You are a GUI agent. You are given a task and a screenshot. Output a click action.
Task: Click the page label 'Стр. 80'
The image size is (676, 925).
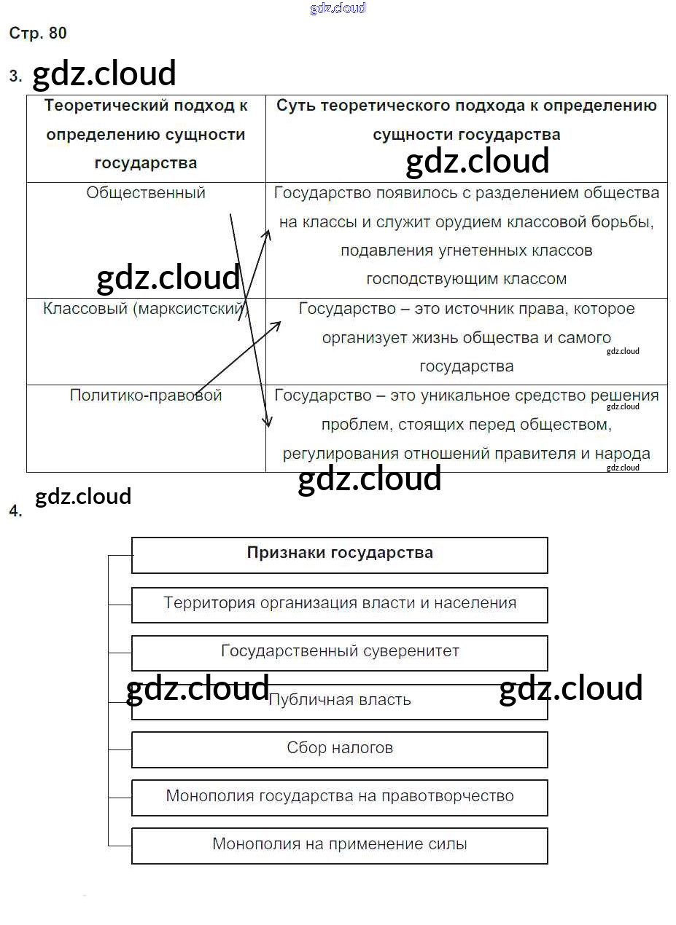pyautogui.click(x=38, y=34)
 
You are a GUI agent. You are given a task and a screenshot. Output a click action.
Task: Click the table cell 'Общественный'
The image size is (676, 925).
pyautogui.click(x=146, y=193)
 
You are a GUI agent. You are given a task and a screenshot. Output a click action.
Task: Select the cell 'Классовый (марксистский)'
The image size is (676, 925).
pyautogui.click(x=145, y=309)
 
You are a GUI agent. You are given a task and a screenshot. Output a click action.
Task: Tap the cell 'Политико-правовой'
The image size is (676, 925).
pyautogui.click(x=146, y=395)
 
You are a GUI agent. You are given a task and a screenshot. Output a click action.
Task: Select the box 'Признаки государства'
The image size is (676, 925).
pyautogui.click(x=339, y=554)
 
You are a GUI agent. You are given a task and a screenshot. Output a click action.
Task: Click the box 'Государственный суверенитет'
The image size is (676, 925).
pyautogui.click(x=339, y=651)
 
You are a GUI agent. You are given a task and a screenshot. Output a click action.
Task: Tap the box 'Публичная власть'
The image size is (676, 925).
pyautogui.click(x=339, y=700)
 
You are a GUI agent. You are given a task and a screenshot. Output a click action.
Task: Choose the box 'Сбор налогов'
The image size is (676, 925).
pyautogui.click(x=339, y=748)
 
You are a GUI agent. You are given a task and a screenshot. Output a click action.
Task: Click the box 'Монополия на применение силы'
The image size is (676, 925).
pyautogui.click(x=339, y=844)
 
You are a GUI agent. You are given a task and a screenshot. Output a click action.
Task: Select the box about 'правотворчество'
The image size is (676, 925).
pyautogui.click(x=339, y=796)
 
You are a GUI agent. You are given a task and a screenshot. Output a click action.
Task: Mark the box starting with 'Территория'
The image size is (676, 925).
pyautogui.click(x=339, y=603)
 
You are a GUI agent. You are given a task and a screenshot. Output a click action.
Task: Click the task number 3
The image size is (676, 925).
pyautogui.click(x=15, y=76)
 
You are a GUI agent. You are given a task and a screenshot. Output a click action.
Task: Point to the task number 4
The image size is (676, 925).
pyautogui.click(x=15, y=511)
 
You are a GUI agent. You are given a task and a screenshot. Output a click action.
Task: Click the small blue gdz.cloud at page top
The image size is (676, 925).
pyautogui.click(x=338, y=8)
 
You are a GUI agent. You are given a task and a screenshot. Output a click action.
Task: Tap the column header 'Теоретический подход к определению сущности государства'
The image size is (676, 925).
pyautogui.click(x=146, y=135)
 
